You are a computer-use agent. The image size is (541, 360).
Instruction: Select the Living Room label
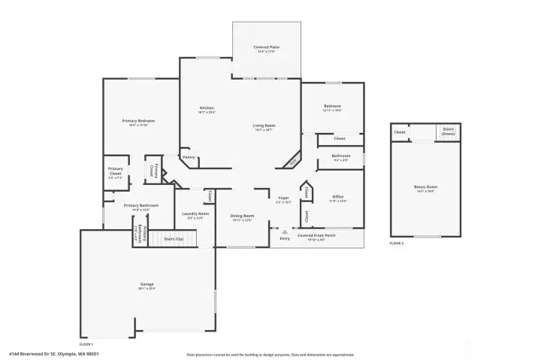(x=263, y=126)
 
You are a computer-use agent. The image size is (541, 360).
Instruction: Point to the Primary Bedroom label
(x=139, y=121)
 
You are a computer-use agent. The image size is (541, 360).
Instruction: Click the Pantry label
(x=189, y=157)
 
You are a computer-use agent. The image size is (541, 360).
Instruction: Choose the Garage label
(x=147, y=284)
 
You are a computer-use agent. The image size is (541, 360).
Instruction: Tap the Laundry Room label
(x=194, y=214)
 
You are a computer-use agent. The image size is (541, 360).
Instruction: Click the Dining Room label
(x=242, y=216)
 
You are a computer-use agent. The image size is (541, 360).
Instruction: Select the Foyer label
(x=283, y=198)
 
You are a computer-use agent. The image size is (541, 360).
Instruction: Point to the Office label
(x=338, y=197)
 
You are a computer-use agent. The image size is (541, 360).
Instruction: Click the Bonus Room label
(x=425, y=186)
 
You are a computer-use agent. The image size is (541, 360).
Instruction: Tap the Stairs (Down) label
(x=448, y=131)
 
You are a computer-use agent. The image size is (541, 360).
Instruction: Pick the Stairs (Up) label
(x=174, y=238)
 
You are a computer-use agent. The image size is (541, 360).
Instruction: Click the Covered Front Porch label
(x=316, y=236)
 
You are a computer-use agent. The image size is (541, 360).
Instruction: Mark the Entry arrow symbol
(x=284, y=233)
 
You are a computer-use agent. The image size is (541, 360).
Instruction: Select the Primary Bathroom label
(x=141, y=205)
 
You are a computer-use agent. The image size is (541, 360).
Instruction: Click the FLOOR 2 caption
(x=396, y=244)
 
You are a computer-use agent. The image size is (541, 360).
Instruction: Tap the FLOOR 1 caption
(x=87, y=343)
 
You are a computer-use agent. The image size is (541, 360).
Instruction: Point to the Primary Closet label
(x=115, y=171)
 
